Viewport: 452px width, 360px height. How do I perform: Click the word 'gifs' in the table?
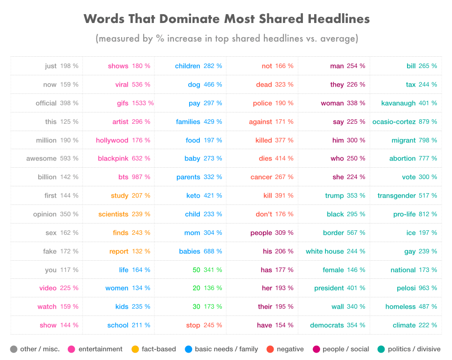click(122, 103)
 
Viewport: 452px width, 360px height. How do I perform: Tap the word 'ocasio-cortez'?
click(394, 122)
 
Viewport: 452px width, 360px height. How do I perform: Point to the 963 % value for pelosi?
click(428, 289)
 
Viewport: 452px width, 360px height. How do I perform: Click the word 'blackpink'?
click(113, 159)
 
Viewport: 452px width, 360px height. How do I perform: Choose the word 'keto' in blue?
click(193, 196)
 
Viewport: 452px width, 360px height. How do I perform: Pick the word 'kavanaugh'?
click(398, 103)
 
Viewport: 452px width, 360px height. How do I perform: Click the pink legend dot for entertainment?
click(72, 349)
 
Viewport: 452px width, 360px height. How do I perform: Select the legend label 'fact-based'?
click(158, 349)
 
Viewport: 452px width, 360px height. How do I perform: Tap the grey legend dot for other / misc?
click(14, 349)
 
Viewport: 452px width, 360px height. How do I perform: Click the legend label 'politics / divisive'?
click(414, 349)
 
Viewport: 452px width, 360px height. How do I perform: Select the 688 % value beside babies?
click(213, 251)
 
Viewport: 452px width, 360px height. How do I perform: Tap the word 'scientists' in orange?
click(113, 214)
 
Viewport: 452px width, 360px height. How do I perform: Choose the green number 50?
click(196, 270)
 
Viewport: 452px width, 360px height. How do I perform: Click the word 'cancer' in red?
click(261, 177)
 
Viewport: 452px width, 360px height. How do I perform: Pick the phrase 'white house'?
click(324, 251)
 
